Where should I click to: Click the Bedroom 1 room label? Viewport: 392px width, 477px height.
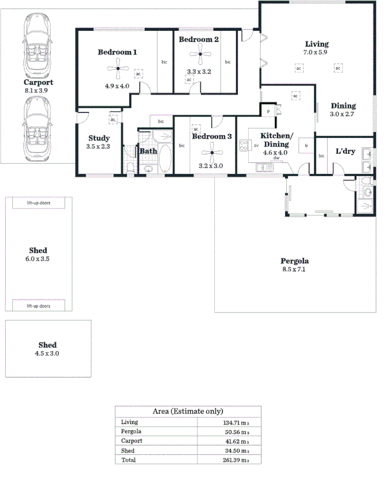pyautogui.click(x=118, y=52)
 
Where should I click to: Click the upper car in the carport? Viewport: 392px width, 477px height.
pyautogui.click(x=37, y=44)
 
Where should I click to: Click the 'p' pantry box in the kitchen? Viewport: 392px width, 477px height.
pyautogui.click(x=268, y=111)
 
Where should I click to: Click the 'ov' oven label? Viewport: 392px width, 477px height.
pyautogui.click(x=256, y=145)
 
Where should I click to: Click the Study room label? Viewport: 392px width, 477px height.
pyautogui.click(x=99, y=138)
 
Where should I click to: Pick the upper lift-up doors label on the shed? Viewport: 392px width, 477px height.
pyautogui.click(x=39, y=203)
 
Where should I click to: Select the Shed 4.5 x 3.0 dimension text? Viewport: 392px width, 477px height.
pyautogui.click(x=47, y=354)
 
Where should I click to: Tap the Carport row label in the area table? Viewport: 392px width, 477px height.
pyautogui.click(x=132, y=441)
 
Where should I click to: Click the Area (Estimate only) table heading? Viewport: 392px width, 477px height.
pyautogui.click(x=188, y=411)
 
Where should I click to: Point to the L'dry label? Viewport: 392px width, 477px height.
pyautogui.click(x=346, y=151)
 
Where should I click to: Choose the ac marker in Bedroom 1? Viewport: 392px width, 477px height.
pyautogui.click(x=138, y=74)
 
